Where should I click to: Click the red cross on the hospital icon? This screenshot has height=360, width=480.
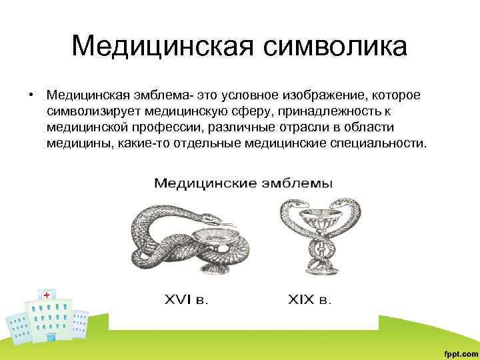pyautogui.click(x=47, y=295)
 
